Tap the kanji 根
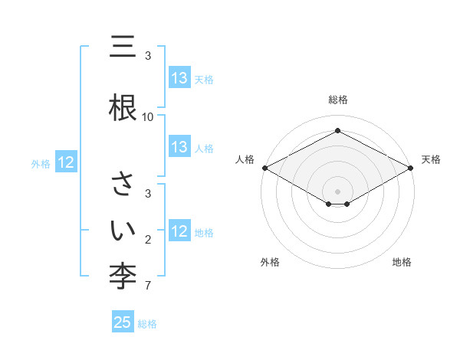(123, 105)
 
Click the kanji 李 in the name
(123, 273)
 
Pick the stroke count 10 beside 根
(148, 117)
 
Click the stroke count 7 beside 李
(148, 286)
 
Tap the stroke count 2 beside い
(148, 241)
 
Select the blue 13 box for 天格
(179, 78)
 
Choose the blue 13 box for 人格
(179, 147)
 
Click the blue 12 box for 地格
(179, 231)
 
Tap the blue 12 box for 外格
(66, 162)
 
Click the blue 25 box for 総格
(123, 322)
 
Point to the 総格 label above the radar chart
(337, 100)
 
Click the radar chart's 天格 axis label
(431, 159)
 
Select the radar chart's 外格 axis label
(270, 262)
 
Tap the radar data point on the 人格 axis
(264, 167)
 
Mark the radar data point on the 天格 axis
(411, 167)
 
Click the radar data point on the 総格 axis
(337, 131)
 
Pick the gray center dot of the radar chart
(337, 191)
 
